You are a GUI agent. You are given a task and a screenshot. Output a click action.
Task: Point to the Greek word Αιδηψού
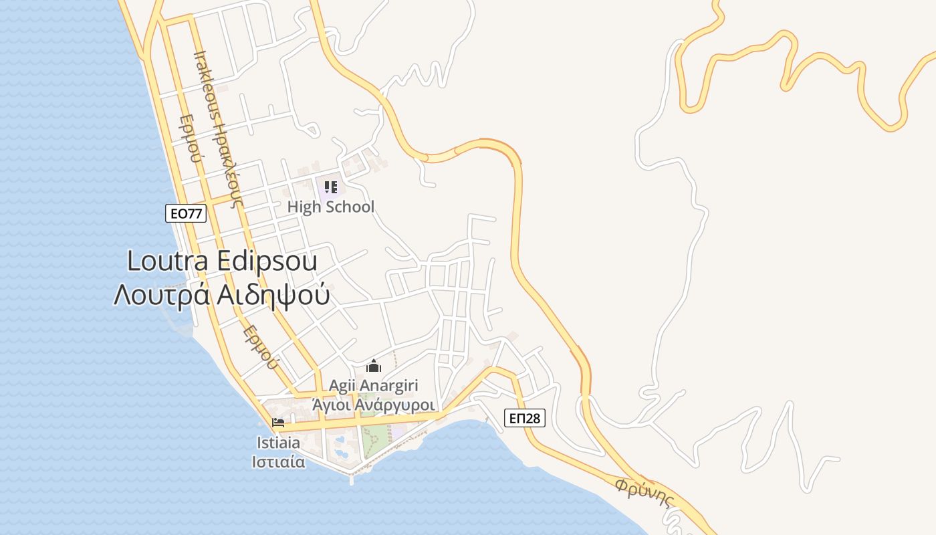point(274,295)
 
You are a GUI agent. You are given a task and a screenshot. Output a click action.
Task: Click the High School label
point(330,207)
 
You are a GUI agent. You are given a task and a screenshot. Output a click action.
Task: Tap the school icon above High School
point(330,187)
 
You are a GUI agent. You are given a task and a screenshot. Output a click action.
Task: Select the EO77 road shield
point(186,213)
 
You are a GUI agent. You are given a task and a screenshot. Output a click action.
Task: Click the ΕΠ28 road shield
point(524,419)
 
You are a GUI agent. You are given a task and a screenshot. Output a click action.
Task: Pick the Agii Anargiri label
point(373,386)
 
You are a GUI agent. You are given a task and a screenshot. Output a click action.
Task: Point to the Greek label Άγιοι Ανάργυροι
point(373,405)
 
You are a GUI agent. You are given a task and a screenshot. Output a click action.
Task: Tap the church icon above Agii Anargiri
point(373,366)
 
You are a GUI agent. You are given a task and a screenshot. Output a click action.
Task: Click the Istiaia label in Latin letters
point(278,443)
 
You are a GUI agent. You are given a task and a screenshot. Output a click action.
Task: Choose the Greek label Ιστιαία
point(278,461)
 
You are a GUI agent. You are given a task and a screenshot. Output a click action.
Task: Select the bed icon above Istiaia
point(278,423)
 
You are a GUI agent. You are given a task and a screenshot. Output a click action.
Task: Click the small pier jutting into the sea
point(352,476)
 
